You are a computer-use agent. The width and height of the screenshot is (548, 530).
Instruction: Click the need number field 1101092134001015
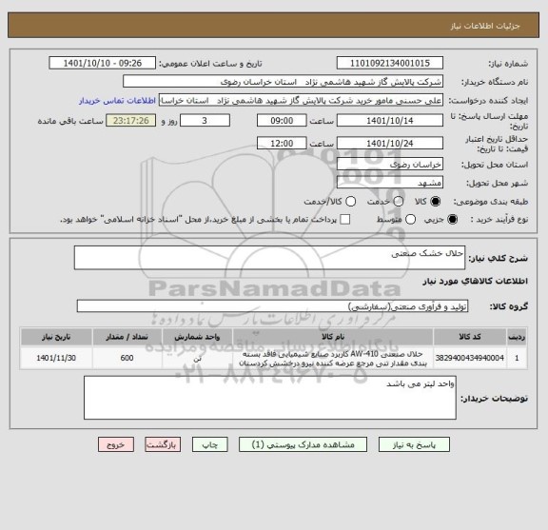point(390,63)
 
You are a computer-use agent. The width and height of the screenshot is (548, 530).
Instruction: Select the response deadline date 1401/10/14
point(390,122)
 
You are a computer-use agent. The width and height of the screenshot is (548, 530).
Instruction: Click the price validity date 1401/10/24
point(390,143)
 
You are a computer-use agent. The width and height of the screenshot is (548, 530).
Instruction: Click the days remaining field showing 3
point(205,122)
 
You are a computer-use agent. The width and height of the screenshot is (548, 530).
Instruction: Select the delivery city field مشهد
point(390,181)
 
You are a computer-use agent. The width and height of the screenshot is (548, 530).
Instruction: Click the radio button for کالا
point(437,202)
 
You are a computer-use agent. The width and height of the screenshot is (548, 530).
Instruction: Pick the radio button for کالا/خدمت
point(351,202)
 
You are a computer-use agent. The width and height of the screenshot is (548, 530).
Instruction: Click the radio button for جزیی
point(453,220)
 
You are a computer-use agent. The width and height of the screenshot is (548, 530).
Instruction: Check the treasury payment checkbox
point(345,220)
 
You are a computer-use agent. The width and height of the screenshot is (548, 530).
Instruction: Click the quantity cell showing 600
point(127,359)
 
